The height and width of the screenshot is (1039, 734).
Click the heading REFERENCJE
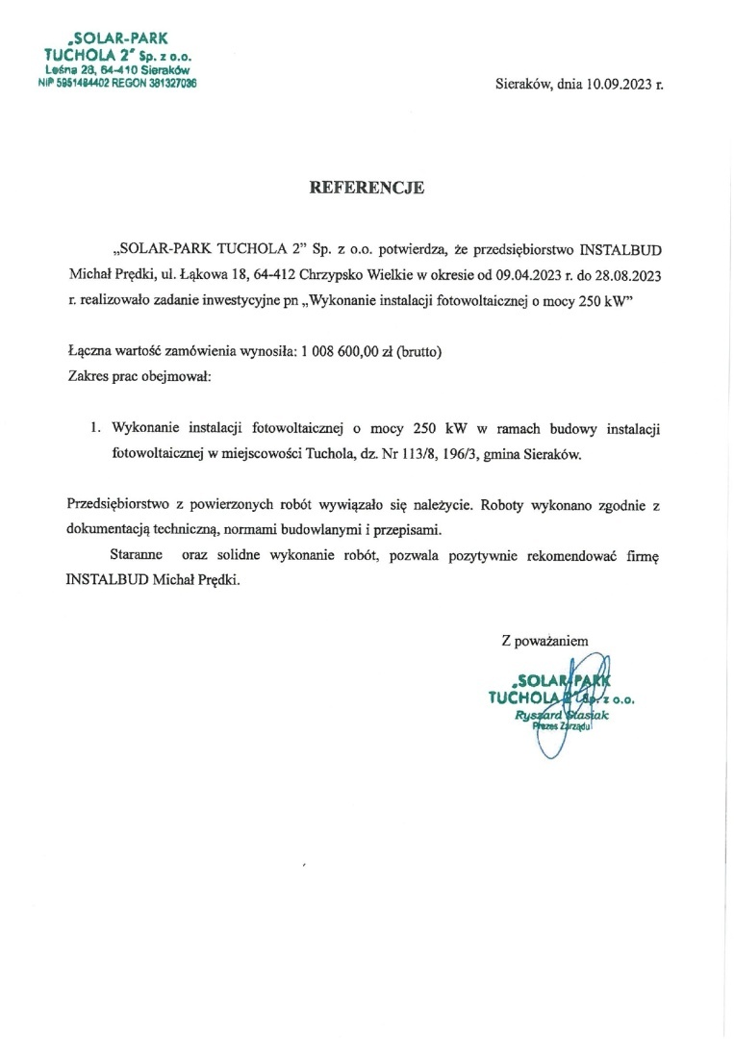[x=367, y=189]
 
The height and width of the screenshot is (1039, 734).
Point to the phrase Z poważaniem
[x=544, y=640]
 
